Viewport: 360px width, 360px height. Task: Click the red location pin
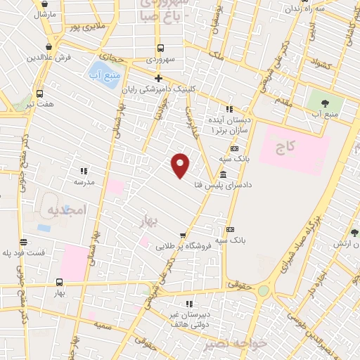pos(181,165)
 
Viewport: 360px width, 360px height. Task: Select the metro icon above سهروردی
pos(161,49)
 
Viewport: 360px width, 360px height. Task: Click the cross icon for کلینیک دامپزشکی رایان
pos(159,78)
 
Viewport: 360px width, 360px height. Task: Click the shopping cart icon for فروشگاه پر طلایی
pos(183,235)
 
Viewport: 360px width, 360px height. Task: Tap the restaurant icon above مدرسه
pos(84,170)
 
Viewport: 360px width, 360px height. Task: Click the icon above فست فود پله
pos(23,241)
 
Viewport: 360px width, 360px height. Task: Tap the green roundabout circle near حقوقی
pos(263,290)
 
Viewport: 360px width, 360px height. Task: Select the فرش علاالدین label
pos(53,57)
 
